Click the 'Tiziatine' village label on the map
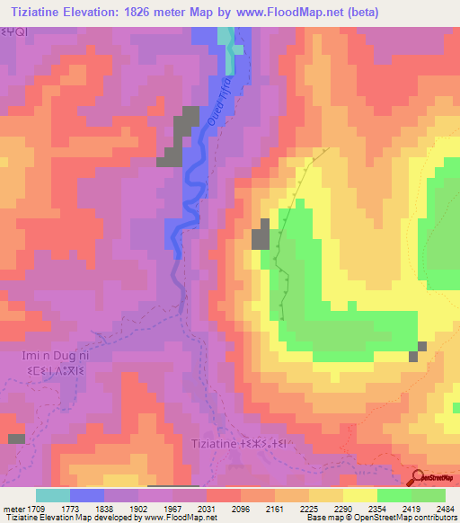pos(213,443)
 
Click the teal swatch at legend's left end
pos(53,494)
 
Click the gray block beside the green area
pos(261,235)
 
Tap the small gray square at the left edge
pos(16,439)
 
